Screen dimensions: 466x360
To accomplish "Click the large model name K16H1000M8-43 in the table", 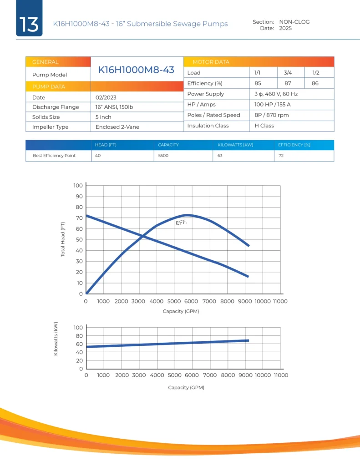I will tap(137, 70).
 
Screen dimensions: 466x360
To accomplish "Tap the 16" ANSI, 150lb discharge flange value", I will tap(114, 107).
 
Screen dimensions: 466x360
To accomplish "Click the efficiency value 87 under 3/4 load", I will tap(288, 83).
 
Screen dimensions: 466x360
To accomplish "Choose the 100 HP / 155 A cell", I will tap(272, 105).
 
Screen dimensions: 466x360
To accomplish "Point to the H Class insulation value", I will tap(264, 126).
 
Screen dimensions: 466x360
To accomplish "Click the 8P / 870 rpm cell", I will tap(272, 115).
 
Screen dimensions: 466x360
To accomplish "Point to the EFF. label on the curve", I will tap(181, 223).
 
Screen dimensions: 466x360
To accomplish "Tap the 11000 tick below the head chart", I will tap(280, 301).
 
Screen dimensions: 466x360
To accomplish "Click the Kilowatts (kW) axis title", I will tap(56, 339).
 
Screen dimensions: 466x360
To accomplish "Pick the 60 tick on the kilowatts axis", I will tap(78, 344).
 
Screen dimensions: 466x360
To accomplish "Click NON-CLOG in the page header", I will tap(294, 22).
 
